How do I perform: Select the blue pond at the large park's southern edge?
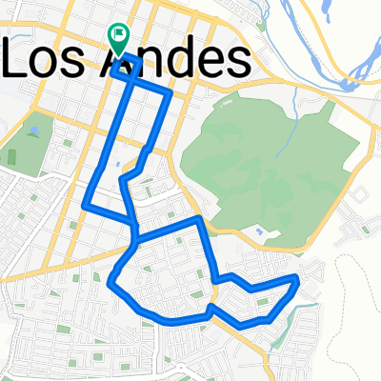point(258,231)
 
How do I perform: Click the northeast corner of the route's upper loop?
point(170,93)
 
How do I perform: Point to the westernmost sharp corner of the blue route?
point(85,205)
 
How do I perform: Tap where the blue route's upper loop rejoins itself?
point(136,229)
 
